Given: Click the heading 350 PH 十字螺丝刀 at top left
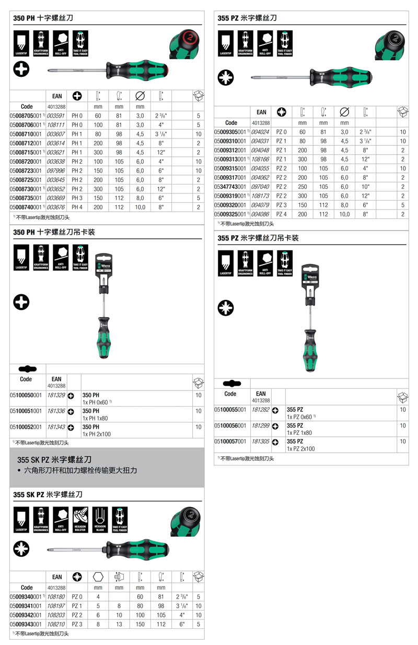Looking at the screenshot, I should (x=43, y=18).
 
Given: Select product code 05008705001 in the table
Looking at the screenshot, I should (x=27, y=116).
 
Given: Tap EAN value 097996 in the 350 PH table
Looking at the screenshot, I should (x=55, y=171).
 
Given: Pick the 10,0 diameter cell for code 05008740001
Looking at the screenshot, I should (x=140, y=208).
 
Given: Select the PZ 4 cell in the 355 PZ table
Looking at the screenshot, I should (x=281, y=214).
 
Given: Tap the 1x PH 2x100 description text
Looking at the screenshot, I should (x=97, y=434).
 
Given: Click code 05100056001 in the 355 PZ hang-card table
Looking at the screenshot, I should (x=230, y=426).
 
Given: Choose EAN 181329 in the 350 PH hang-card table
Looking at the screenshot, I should (x=56, y=396).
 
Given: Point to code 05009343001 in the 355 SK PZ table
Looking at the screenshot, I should (x=27, y=624).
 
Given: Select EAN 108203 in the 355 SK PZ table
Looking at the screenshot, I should (x=56, y=615).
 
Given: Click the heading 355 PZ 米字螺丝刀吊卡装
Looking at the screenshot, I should (x=258, y=238).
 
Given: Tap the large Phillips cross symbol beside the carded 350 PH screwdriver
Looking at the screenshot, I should (x=21, y=302).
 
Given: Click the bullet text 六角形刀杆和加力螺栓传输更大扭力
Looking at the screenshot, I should (x=81, y=470).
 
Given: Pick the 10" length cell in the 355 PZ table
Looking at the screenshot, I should (x=365, y=187).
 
